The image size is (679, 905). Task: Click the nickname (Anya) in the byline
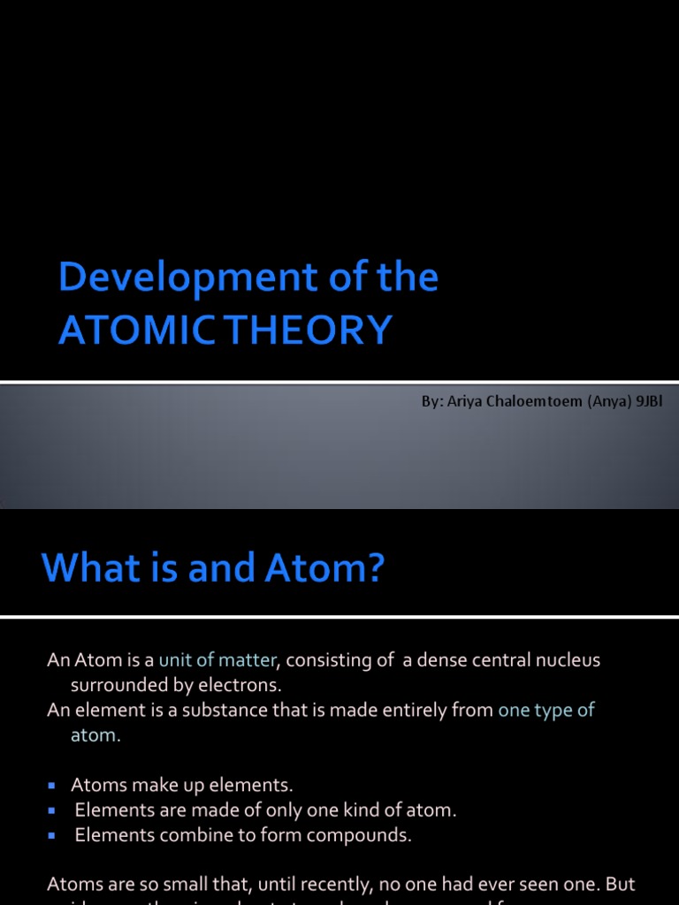tap(601, 401)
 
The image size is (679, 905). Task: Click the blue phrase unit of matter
tap(217, 660)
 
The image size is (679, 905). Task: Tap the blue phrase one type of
tap(546, 711)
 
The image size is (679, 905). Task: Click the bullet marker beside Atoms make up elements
tap(51, 785)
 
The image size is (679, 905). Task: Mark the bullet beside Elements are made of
tap(51, 810)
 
